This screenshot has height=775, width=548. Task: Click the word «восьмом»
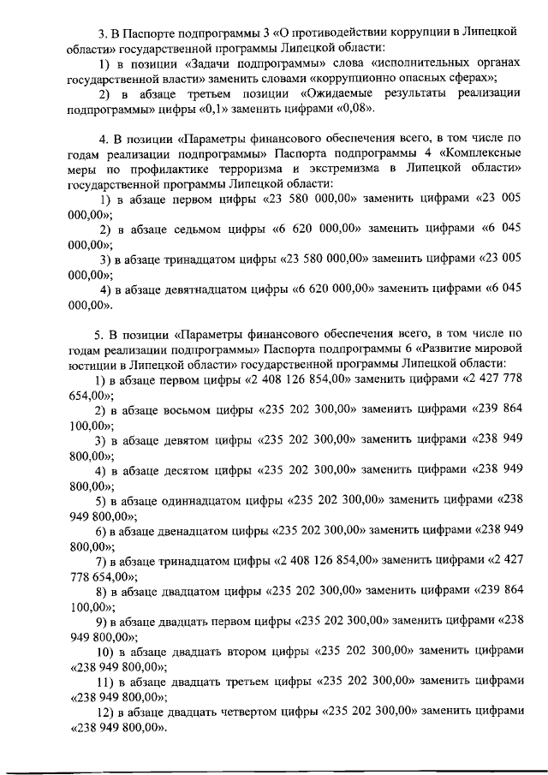(x=190, y=411)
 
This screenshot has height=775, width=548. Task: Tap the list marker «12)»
(x=104, y=711)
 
